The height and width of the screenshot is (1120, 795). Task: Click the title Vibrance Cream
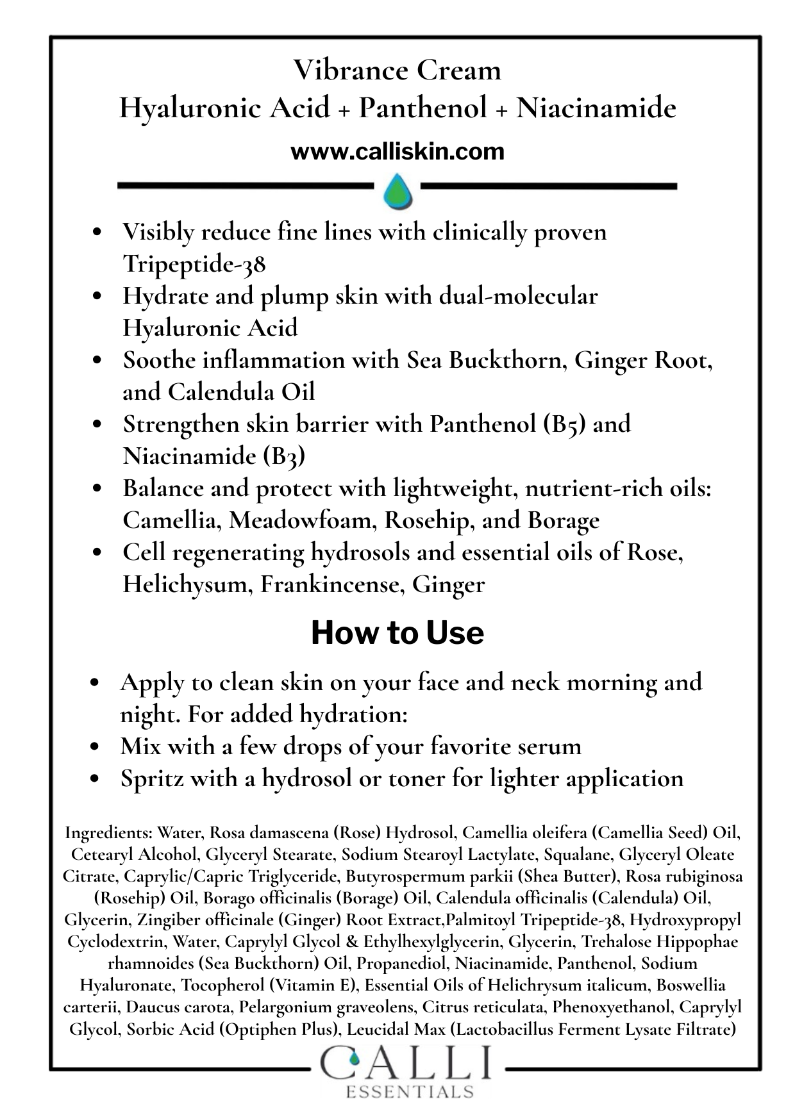pos(397,70)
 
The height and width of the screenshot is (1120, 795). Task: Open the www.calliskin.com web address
pos(397,152)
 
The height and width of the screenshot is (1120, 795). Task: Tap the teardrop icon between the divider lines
pos(397,190)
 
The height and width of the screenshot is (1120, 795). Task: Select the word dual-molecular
pos(518,296)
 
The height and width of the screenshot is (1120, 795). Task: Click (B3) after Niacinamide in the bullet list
pos(284,456)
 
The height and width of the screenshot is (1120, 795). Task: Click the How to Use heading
pos(397,633)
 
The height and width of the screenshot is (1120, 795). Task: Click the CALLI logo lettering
pos(407,1065)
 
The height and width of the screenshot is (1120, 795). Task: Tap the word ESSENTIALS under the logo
pos(410,1091)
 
